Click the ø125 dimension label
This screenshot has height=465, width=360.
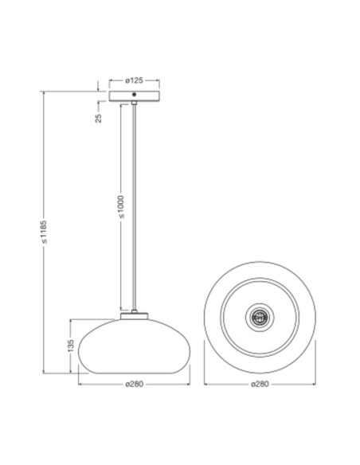tap(134, 80)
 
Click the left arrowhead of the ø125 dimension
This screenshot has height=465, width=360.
tap(111, 80)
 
